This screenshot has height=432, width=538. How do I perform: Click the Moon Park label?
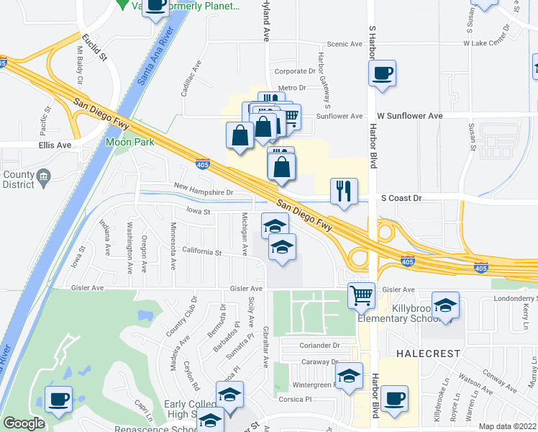[x=129, y=143]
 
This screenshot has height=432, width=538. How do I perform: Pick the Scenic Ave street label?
[x=345, y=44]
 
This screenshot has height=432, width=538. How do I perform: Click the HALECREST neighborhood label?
[x=424, y=354]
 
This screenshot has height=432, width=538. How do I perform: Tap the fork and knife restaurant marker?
[x=344, y=192]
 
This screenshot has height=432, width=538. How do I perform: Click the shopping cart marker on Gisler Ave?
[x=361, y=294]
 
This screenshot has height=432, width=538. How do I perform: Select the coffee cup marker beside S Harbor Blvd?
[x=382, y=73]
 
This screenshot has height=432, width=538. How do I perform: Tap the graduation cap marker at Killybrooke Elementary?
[x=445, y=305]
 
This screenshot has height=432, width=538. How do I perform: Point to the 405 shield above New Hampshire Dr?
[x=204, y=166]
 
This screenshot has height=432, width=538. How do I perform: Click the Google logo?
[x=24, y=423]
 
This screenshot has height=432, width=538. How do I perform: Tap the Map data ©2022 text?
[x=508, y=426]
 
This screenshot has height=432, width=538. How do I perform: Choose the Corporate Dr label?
[x=295, y=71]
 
